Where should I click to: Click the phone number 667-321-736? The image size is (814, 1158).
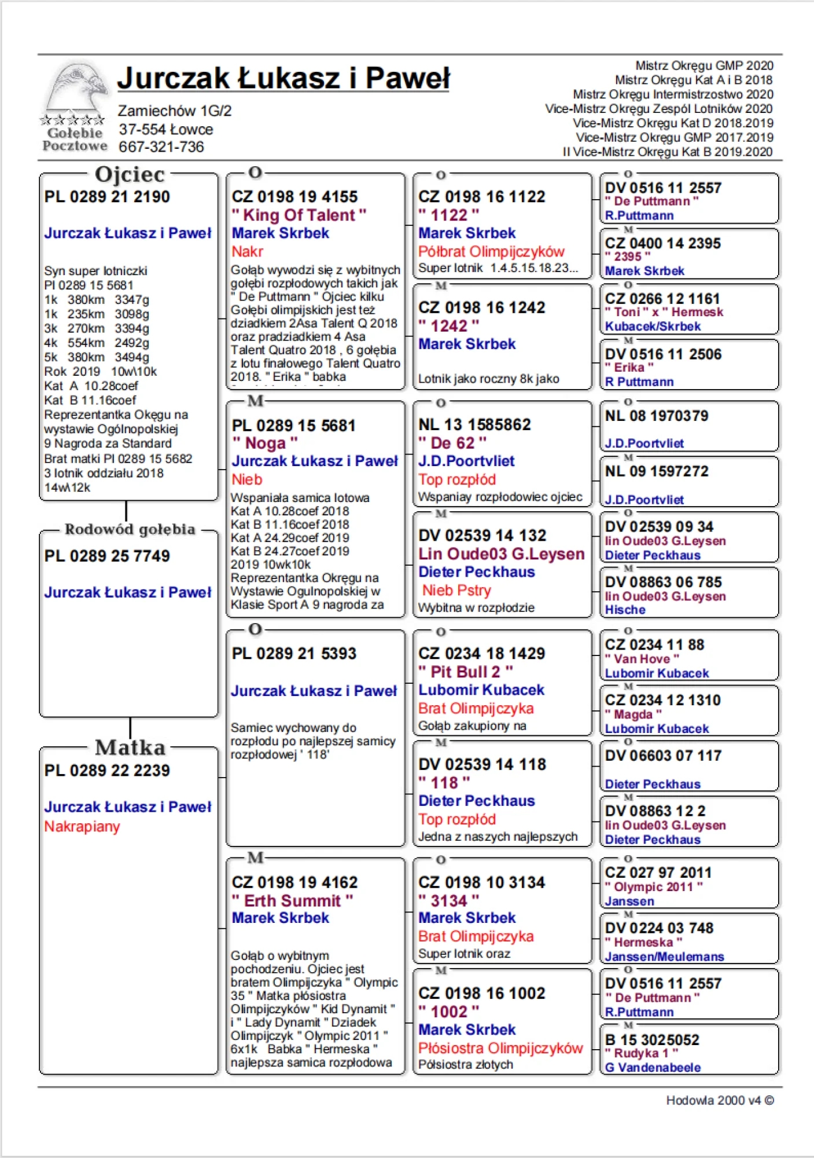click(x=161, y=147)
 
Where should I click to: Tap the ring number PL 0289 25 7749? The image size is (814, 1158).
click(x=107, y=556)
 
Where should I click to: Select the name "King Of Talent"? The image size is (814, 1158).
click(x=299, y=215)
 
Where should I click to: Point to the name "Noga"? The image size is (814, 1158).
click(x=265, y=443)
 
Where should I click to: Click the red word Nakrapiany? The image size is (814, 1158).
click(x=82, y=826)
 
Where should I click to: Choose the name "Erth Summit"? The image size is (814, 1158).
click(x=292, y=900)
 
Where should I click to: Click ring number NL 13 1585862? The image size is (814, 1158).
click(x=474, y=424)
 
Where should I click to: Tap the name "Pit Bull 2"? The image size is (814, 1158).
click(x=466, y=672)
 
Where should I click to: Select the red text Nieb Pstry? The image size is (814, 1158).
click(x=456, y=590)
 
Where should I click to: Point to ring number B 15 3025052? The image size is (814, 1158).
click(x=652, y=1040)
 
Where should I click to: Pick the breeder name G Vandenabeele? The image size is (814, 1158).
click(x=653, y=1067)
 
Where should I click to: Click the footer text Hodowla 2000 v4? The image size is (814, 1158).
click(x=720, y=1100)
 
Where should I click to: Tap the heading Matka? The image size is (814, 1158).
click(x=130, y=747)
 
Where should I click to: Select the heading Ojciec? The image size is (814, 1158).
click(x=130, y=174)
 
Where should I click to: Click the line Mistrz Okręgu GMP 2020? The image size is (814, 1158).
click(x=704, y=65)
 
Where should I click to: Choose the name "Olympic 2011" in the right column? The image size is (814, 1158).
click(x=653, y=887)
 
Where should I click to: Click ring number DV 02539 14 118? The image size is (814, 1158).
click(x=482, y=764)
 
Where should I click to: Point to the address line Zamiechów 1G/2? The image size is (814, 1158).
click(x=174, y=111)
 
